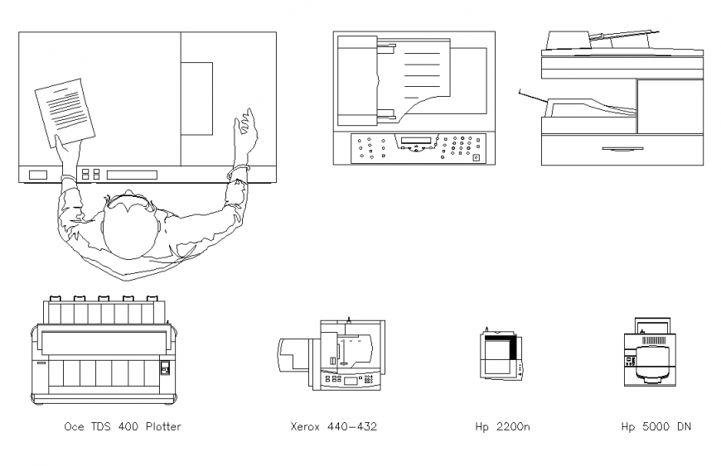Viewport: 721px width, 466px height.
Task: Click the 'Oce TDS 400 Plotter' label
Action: pyautogui.click(x=123, y=427)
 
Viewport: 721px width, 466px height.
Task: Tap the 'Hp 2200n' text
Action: pyautogui.click(x=502, y=427)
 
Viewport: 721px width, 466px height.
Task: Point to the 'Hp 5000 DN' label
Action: pyautogui.click(x=656, y=427)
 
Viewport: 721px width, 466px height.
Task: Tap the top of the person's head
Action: pyautogui.click(x=128, y=227)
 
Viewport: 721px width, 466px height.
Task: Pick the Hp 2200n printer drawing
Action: pyautogui.click(x=501, y=354)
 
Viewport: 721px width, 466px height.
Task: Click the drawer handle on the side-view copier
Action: pyautogui.click(x=622, y=149)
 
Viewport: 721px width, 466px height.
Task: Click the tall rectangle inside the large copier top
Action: pyautogui.click(x=196, y=98)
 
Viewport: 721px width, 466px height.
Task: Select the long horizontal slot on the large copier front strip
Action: pyautogui.click(x=132, y=175)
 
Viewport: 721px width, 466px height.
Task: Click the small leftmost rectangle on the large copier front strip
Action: pyautogui.click(x=38, y=175)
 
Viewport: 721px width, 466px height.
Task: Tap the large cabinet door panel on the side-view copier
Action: pyautogui.click(x=670, y=107)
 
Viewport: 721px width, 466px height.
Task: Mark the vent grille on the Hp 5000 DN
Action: pyautogui.click(x=654, y=339)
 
